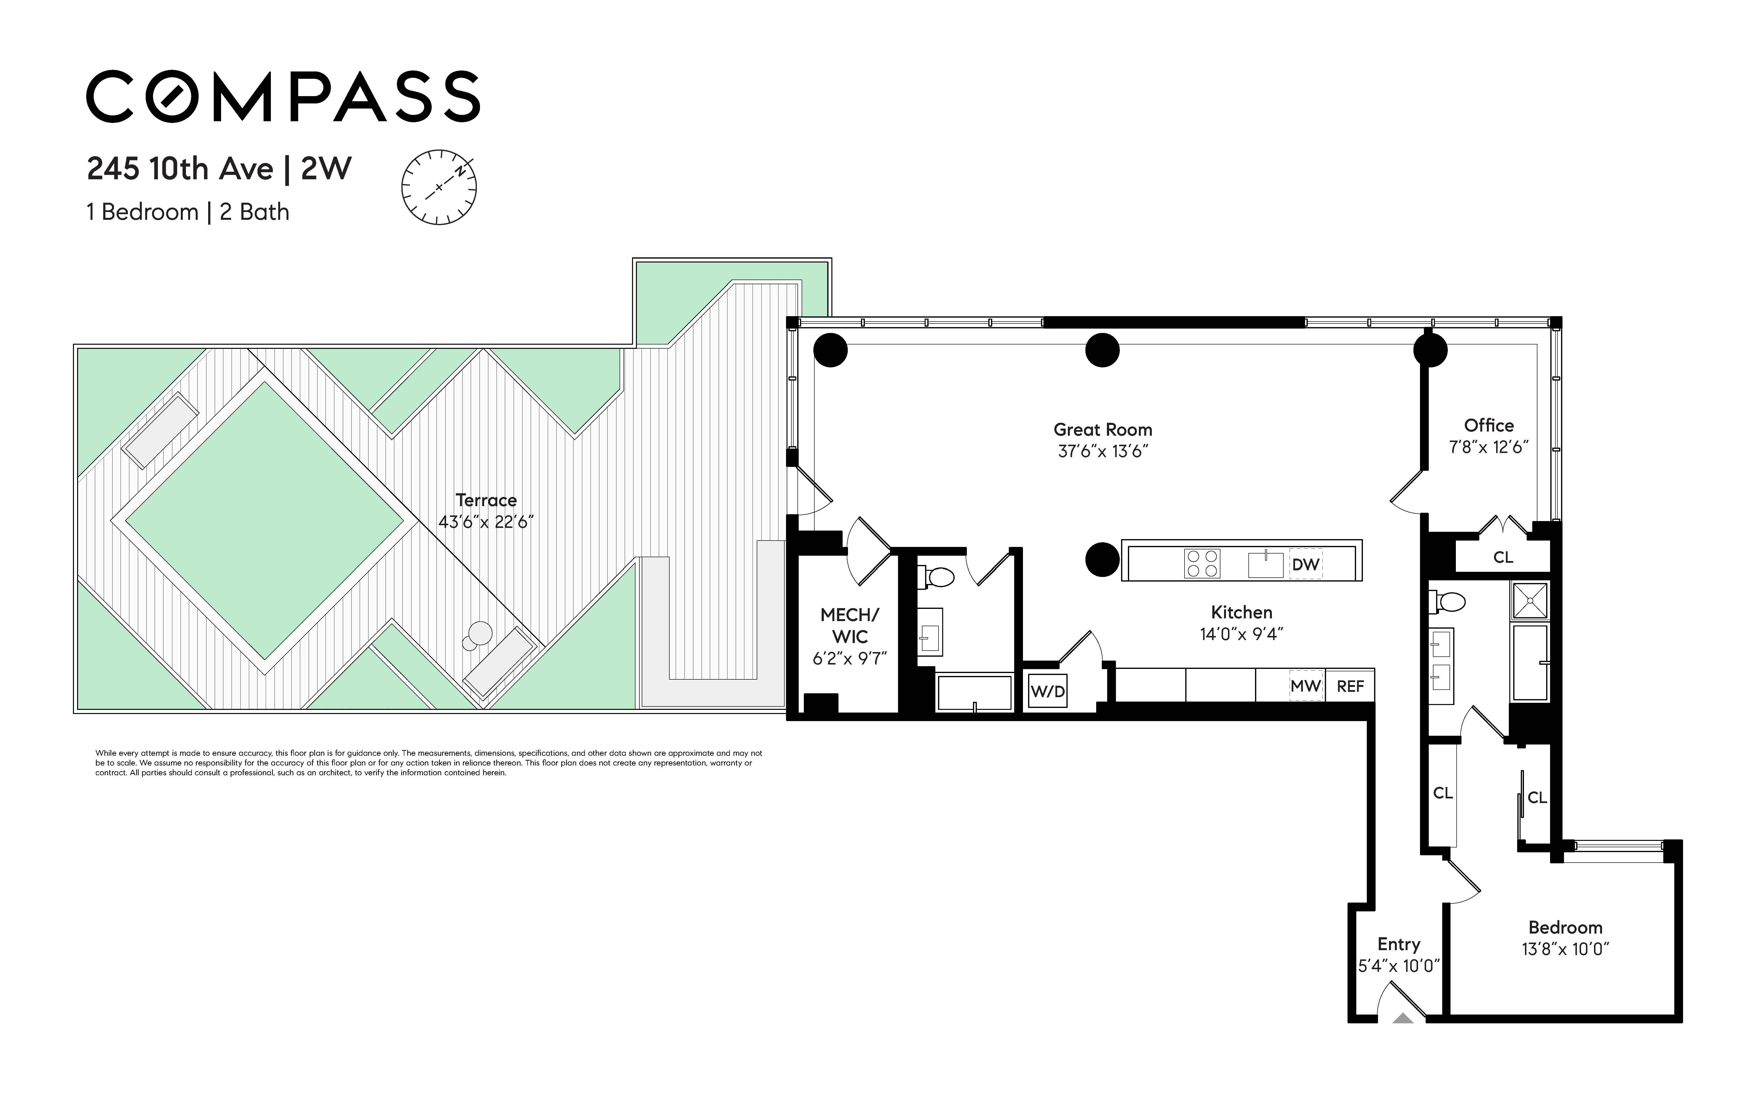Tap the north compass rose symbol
click(x=439, y=187)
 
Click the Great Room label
click(x=1102, y=430)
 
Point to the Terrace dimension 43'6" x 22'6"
click(x=486, y=522)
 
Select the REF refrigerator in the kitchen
click(x=1350, y=686)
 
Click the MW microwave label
click(x=1305, y=686)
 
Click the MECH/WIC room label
click(x=849, y=625)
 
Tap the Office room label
click(x=1489, y=425)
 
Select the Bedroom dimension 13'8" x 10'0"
click(x=1565, y=949)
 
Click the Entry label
click(x=1399, y=944)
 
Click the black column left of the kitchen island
click(x=1102, y=559)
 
